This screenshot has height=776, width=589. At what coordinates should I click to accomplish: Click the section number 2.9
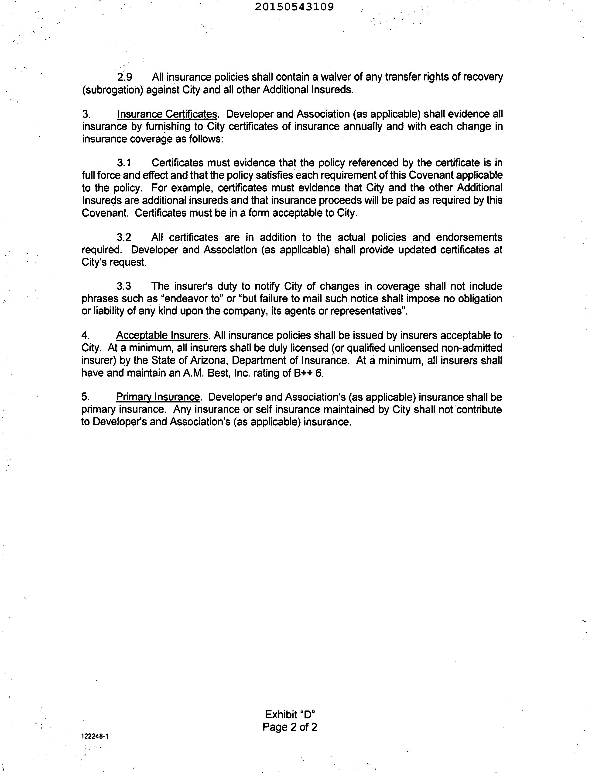click(125, 77)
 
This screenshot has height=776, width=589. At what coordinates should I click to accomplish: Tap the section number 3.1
click(124, 163)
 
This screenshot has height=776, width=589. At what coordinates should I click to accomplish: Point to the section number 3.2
click(124, 238)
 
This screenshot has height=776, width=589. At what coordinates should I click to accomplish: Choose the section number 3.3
click(124, 286)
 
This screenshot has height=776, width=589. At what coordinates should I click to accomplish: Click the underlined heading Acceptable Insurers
click(162, 335)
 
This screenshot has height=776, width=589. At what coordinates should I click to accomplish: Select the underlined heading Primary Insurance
click(158, 397)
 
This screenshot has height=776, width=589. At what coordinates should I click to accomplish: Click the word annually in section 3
click(363, 126)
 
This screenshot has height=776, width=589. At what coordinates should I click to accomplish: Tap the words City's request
click(114, 262)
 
